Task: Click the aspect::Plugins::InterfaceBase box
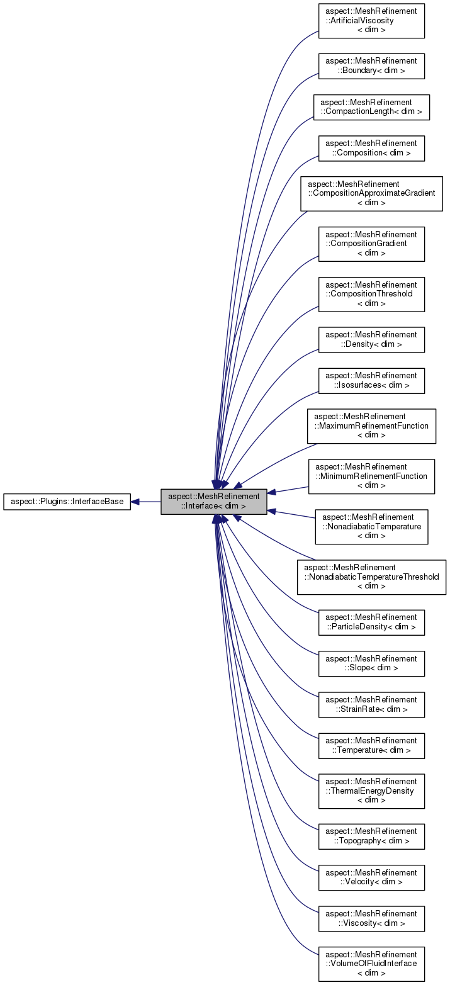click(x=67, y=502)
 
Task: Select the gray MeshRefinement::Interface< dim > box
click(x=214, y=502)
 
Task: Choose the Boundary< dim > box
click(x=371, y=66)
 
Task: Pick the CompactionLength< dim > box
click(x=371, y=107)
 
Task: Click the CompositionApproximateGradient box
click(x=371, y=193)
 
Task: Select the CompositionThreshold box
click(x=371, y=294)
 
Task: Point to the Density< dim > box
click(x=371, y=340)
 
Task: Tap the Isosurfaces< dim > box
click(x=371, y=381)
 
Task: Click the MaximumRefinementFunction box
click(x=371, y=426)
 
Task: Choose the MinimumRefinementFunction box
click(x=371, y=476)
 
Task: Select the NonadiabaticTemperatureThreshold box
click(x=371, y=577)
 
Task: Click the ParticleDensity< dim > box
click(x=371, y=622)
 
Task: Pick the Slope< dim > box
click(x=371, y=663)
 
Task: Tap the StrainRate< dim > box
click(x=371, y=704)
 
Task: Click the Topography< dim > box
click(x=371, y=836)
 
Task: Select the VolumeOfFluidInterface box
click(x=371, y=964)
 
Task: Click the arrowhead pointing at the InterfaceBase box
click(x=135, y=502)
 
